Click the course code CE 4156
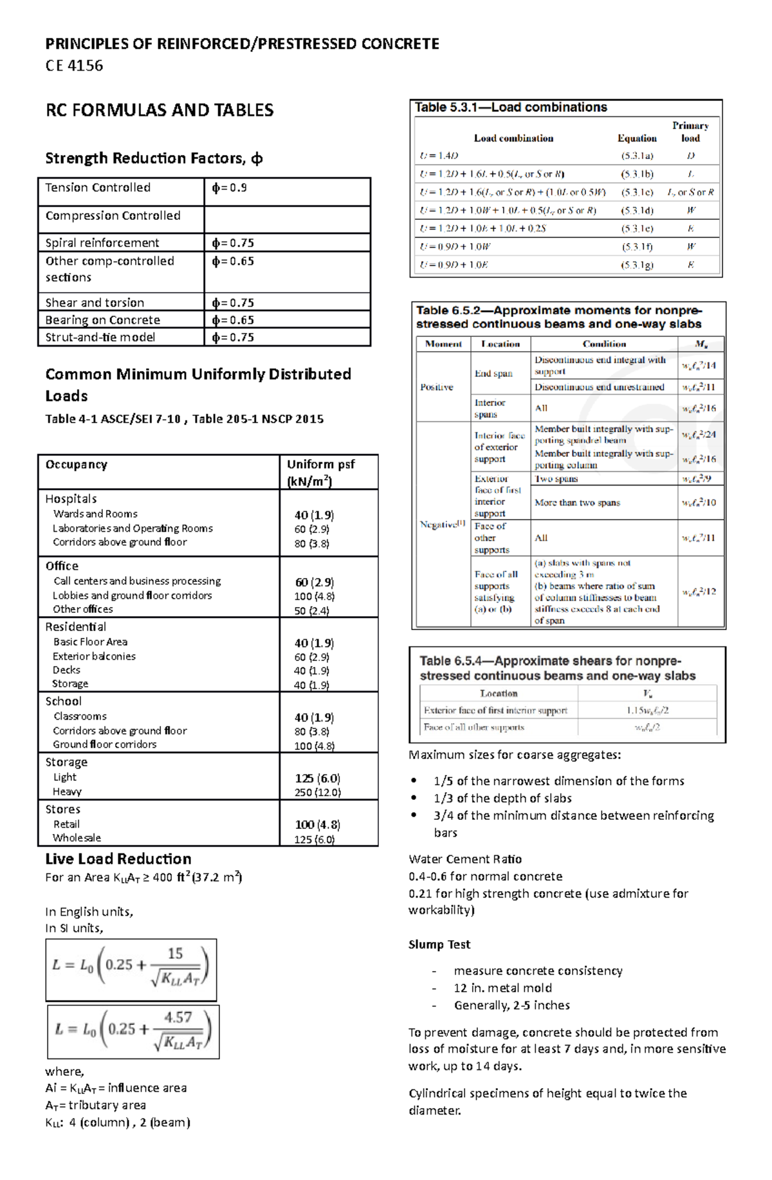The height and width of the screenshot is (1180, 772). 74,66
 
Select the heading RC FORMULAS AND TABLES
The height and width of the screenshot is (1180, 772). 160,110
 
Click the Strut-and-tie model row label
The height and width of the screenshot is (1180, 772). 100,337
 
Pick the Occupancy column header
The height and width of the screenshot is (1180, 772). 76,464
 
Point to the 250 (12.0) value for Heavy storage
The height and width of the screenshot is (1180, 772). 318,792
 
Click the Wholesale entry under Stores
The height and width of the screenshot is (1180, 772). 77,838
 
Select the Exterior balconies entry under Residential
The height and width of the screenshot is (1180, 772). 94,656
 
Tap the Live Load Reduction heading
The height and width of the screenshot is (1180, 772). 118,859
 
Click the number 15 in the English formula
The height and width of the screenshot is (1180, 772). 175,954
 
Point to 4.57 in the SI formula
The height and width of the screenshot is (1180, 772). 178,1017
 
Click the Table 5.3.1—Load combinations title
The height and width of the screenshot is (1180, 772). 511,107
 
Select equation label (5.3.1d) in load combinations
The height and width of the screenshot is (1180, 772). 637,210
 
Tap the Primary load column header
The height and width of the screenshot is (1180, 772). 690,132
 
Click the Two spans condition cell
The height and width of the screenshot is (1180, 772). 556,478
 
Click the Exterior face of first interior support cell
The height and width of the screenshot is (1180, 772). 495,711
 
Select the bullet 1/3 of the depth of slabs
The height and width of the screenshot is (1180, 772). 502,798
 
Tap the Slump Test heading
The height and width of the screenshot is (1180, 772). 439,944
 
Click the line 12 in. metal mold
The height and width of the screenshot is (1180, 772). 502,988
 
